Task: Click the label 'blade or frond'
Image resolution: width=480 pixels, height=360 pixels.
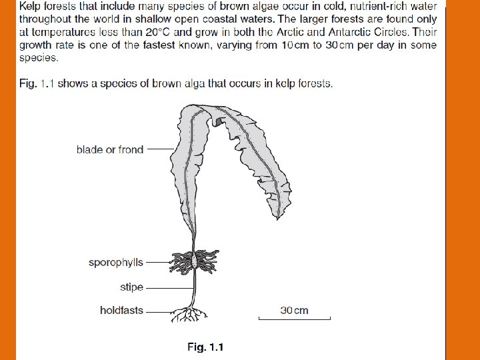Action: [110, 150]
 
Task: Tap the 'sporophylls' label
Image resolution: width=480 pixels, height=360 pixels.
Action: [116, 263]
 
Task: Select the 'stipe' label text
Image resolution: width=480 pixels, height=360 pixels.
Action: [131, 287]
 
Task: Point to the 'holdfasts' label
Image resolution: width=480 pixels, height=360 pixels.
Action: [121, 310]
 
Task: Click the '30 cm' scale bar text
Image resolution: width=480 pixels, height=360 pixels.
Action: [294, 310]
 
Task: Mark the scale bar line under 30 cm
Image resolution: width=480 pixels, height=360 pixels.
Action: [294, 320]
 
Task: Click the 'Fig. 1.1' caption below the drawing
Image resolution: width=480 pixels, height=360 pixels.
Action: [205, 347]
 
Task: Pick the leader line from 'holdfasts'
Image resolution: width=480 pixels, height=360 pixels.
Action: [160, 311]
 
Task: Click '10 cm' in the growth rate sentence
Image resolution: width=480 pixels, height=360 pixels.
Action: [293, 45]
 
